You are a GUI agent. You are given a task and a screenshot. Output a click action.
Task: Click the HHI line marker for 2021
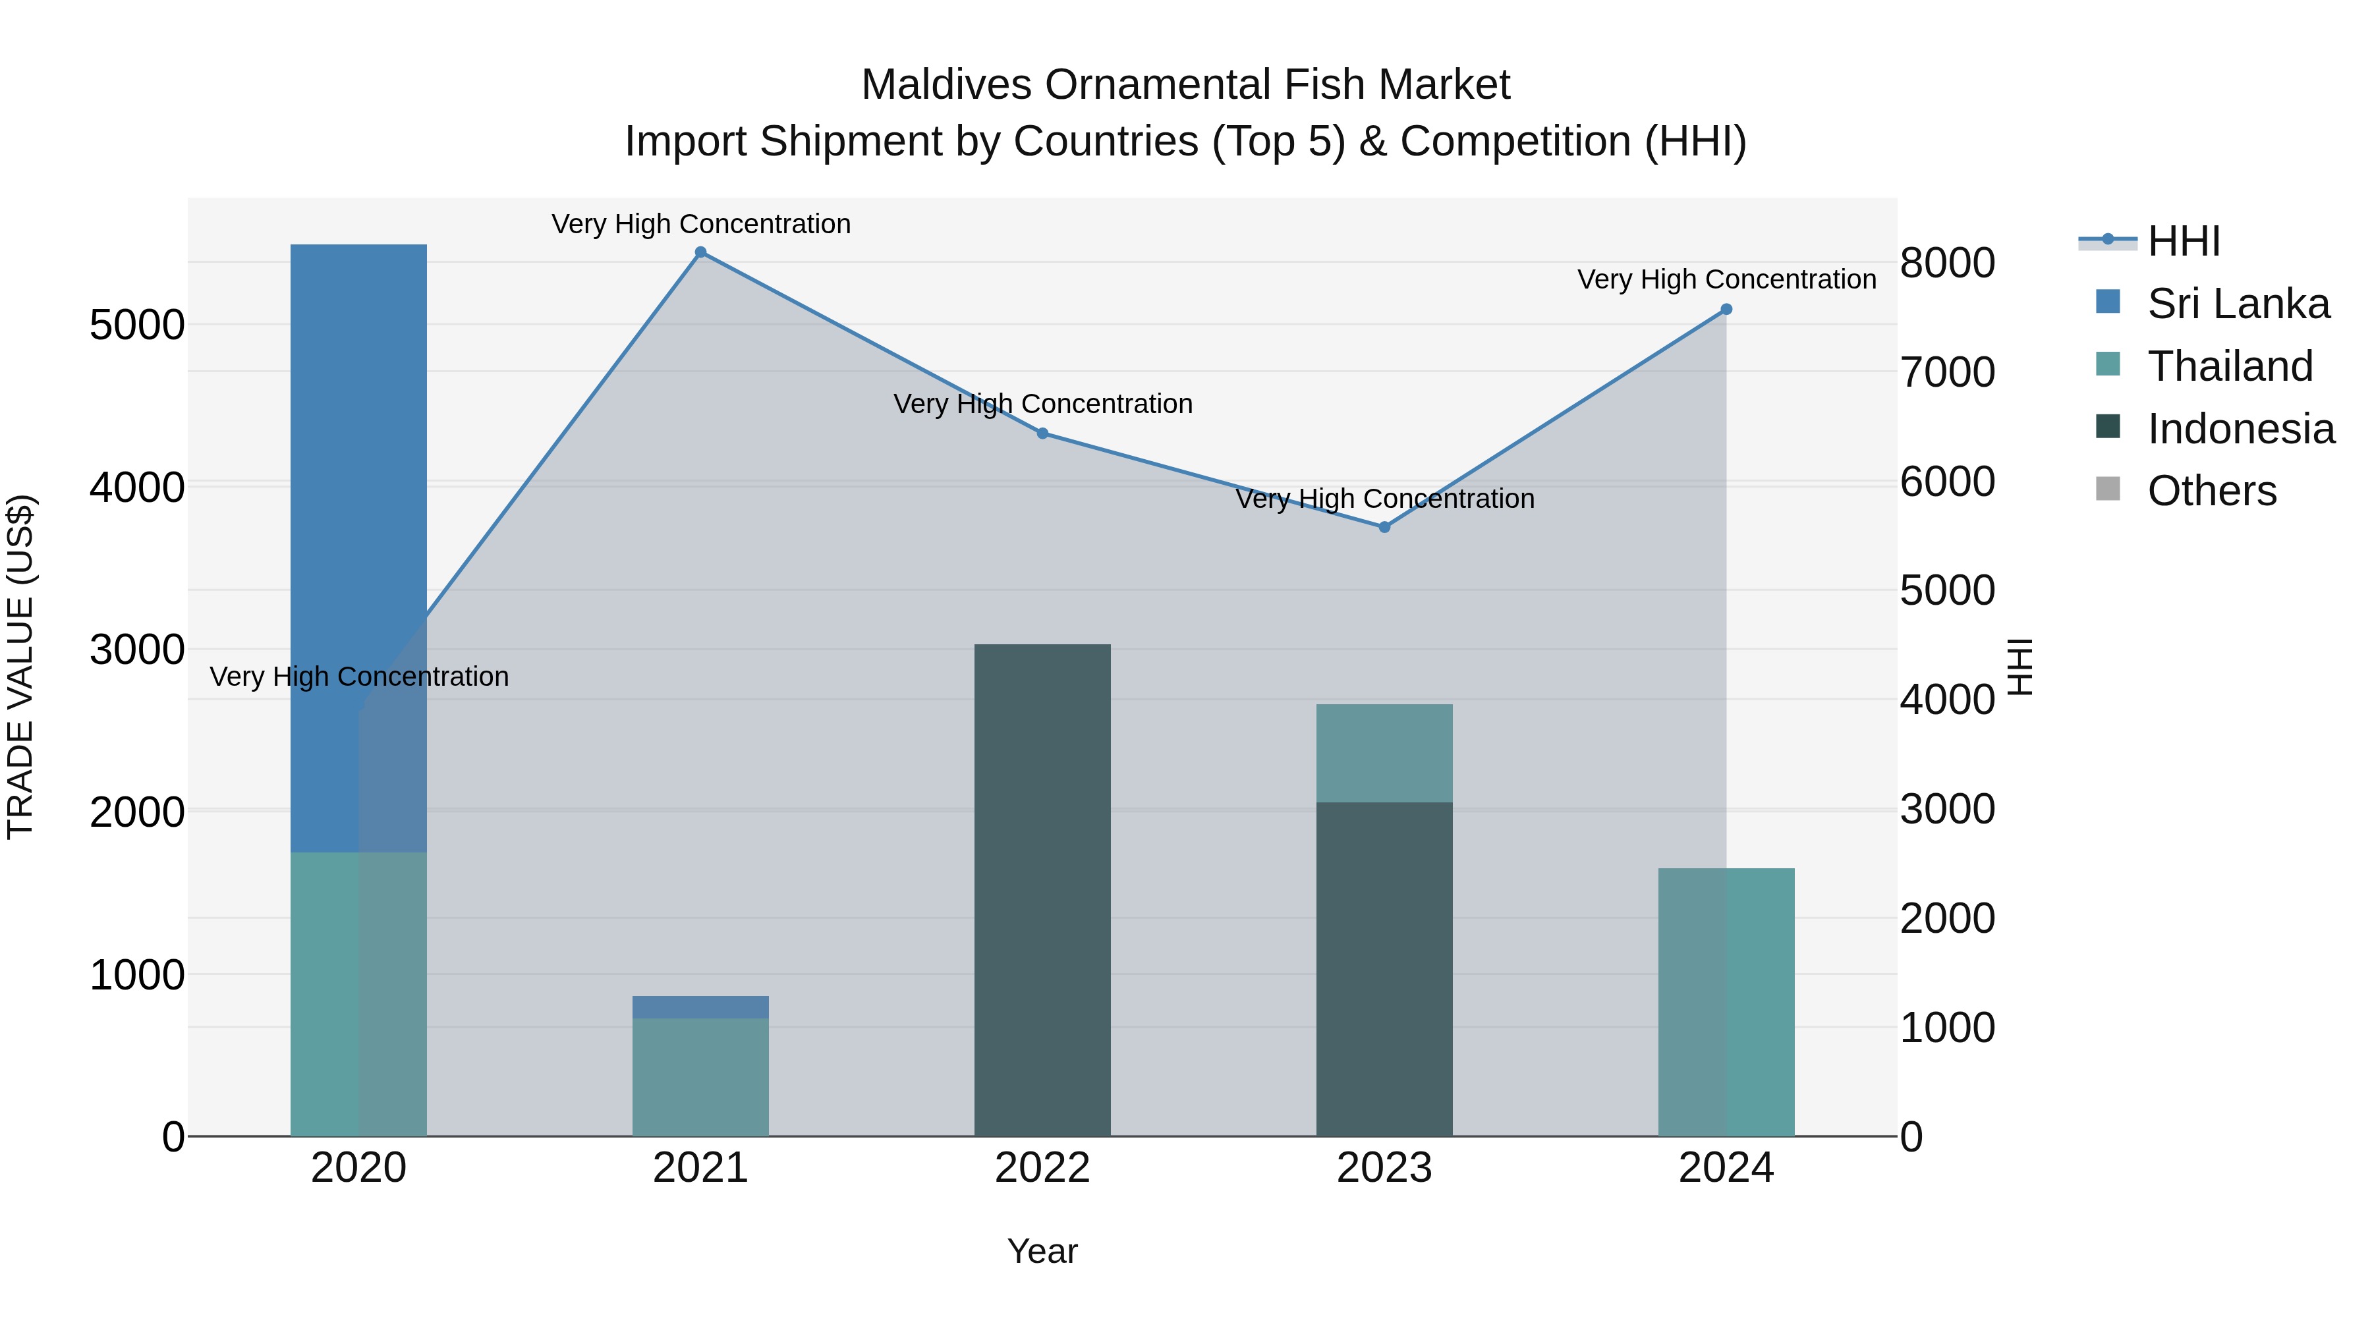pos(701,252)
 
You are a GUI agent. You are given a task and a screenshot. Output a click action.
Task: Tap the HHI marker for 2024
pos(1726,310)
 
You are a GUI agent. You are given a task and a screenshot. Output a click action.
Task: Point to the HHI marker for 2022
pos(1042,433)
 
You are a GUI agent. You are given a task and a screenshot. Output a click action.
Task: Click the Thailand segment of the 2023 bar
pos(1384,753)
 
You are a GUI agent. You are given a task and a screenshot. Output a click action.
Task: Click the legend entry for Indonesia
pos(2240,429)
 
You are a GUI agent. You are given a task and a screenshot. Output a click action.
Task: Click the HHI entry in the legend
pos(2184,241)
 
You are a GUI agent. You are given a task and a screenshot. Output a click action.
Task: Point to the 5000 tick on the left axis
pos(137,325)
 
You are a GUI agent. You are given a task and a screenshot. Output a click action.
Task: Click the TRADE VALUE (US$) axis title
pos(21,667)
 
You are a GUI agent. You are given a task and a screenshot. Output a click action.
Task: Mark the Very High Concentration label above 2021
pos(701,225)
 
